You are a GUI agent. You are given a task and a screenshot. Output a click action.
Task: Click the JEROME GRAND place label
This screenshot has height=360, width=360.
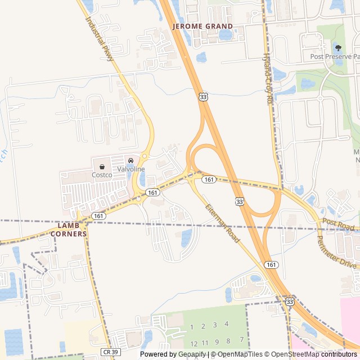[x=202, y=26]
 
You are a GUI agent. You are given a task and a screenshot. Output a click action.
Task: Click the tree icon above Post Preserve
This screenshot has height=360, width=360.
[x=337, y=47]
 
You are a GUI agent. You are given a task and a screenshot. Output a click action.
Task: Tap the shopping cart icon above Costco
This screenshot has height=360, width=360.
[x=102, y=166]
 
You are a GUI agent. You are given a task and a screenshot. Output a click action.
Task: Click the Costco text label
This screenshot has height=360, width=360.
[x=102, y=175]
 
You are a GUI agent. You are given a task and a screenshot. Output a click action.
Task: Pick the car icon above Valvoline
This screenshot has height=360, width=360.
[x=131, y=161]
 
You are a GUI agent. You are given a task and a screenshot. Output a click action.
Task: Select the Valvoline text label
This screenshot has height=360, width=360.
[x=131, y=169]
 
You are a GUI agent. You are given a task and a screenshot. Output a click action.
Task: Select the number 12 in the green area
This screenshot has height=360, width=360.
[x=193, y=343]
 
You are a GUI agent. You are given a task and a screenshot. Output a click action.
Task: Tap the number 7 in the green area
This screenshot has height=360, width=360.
[x=242, y=340]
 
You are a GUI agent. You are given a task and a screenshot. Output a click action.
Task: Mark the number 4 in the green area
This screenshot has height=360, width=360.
[x=227, y=323]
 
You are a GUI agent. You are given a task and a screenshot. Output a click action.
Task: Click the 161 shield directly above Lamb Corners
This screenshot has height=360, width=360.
[x=99, y=215]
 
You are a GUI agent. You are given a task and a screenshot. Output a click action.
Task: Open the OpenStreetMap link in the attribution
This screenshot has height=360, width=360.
[x=296, y=354]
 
